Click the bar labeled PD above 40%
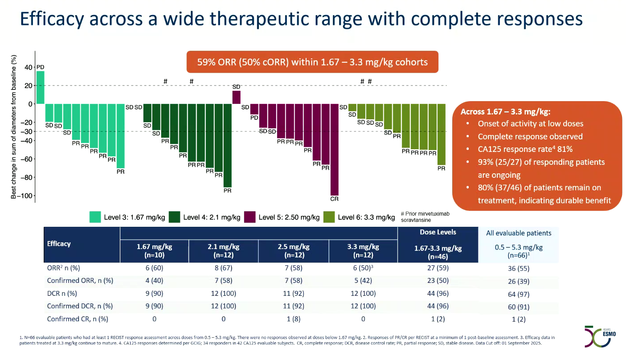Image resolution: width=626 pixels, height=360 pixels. click(x=40, y=87)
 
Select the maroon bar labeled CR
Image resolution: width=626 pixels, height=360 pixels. click(x=334, y=149)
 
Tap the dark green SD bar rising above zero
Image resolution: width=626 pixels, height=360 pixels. click(x=236, y=97)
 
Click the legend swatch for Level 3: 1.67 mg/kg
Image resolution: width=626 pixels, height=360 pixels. click(x=95, y=217)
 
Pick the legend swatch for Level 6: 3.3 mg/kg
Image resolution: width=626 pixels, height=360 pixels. click(x=329, y=217)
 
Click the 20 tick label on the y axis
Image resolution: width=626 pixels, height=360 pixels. click(x=28, y=86)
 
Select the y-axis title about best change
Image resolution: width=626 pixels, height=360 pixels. click(x=14, y=127)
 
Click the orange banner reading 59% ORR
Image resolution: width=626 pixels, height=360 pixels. click(x=312, y=62)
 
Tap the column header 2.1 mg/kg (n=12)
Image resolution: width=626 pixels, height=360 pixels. click(x=223, y=251)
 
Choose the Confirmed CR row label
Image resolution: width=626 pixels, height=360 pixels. click(x=78, y=319)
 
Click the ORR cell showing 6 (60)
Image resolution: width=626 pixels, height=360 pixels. click(x=154, y=269)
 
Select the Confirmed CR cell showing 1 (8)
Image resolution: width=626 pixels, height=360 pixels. click(x=292, y=319)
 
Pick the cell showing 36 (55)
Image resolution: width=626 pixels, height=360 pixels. click(x=518, y=269)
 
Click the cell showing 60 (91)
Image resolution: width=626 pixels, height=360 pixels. click(x=518, y=306)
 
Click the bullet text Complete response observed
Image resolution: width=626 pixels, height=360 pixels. click(x=530, y=136)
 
